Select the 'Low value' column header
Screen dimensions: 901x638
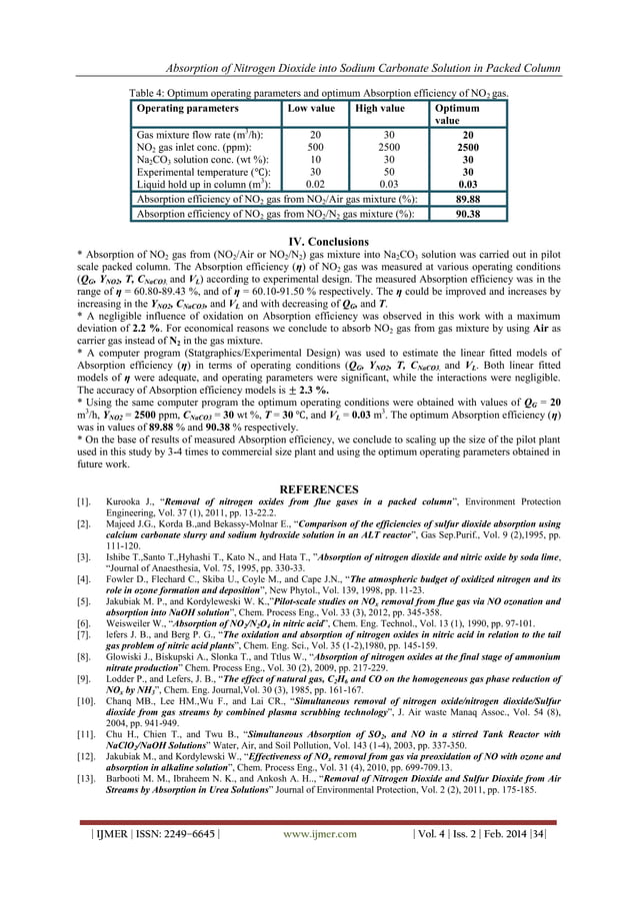pyautogui.click(x=310, y=108)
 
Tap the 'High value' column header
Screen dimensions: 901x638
pyautogui.click(x=380, y=108)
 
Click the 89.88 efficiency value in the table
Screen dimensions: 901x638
pyautogui.click(x=469, y=199)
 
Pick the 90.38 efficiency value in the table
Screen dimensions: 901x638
pyautogui.click(x=469, y=213)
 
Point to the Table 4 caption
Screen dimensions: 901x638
pyautogui.click(x=319, y=92)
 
